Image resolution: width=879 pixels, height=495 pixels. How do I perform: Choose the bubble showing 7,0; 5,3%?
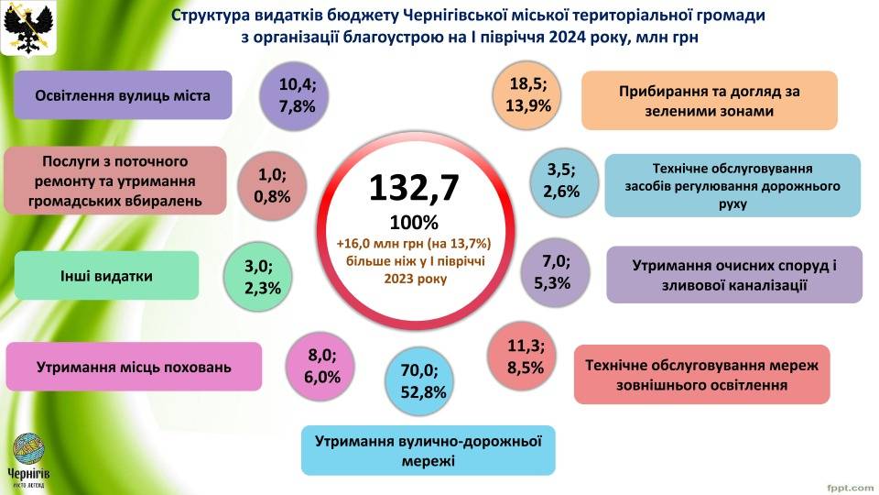coord(552,272)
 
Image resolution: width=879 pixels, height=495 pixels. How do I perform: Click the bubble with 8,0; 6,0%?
coord(321,366)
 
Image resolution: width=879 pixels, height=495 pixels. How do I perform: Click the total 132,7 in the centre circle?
coord(414,187)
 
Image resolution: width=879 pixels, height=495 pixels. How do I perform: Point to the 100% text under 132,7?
coord(414,222)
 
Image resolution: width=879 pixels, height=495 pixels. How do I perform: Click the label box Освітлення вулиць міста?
coord(123,95)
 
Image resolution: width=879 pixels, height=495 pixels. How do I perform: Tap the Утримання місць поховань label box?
coord(134,367)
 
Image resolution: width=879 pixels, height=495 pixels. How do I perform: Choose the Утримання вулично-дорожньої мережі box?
coord(428,449)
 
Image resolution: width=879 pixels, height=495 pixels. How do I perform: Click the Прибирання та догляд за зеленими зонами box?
coord(709,101)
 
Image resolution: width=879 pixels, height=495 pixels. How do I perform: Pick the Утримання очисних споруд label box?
coord(733,275)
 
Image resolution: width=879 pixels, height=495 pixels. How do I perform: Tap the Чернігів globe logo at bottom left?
coord(30,453)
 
